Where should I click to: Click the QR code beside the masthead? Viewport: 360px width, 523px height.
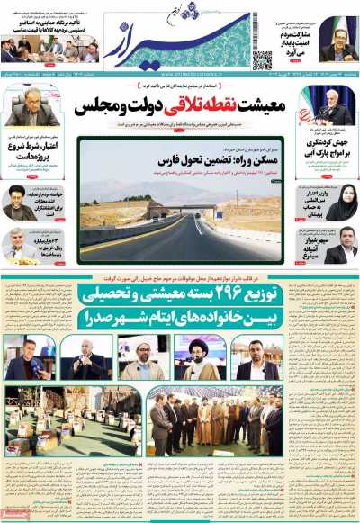click(262, 60)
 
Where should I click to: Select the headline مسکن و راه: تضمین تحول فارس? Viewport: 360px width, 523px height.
click(225, 159)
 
